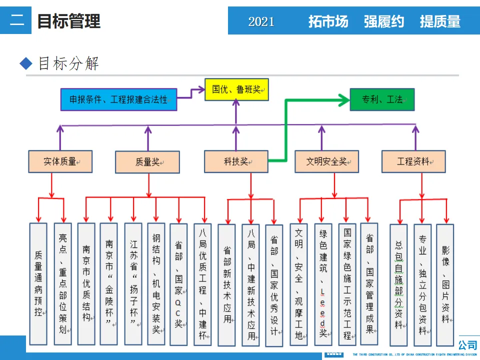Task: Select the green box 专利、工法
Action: [x=382, y=99]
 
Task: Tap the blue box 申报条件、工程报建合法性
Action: [x=118, y=99]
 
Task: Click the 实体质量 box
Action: [x=60, y=161]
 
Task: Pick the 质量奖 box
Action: [x=147, y=162]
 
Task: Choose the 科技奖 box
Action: [x=236, y=161]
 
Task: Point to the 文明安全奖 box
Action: [x=326, y=161]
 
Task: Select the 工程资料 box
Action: [x=413, y=161]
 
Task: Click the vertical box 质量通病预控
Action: [x=38, y=283]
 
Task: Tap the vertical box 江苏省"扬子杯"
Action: [x=133, y=283]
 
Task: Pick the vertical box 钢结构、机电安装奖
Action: [x=156, y=283]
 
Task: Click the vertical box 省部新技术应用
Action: [x=227, y=284]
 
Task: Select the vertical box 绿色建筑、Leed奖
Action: [x=323, y=284]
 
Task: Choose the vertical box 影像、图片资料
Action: [x=445, y=284]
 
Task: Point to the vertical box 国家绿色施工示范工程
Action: [x=347, y=284]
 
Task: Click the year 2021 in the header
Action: [x=261, y=21]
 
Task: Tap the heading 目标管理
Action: [x=69, y=21]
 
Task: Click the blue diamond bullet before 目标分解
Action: [x=25, y=63]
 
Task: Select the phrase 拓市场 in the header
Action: [x=328, y=21]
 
